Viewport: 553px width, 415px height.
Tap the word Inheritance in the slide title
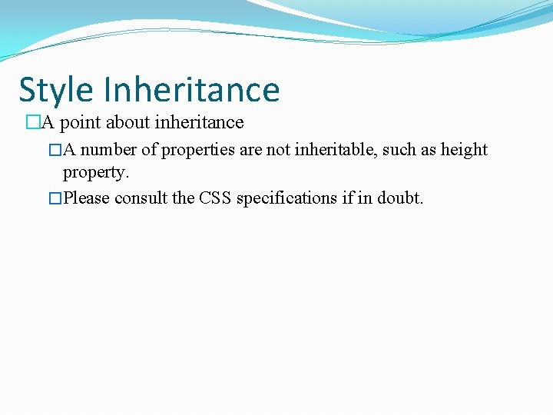(x=192, y=90)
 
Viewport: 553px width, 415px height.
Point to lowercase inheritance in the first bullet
(x=200, y=122)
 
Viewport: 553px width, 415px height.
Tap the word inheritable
(x=336, y=150)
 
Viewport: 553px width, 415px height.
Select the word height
(x=464, y=150)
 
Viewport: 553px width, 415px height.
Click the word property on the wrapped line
(x=95, y=172)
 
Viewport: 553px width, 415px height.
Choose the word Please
(x=86, y=198)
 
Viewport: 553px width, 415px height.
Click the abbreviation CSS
(x=215, y=198)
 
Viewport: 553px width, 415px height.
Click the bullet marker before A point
(x=32, y=122)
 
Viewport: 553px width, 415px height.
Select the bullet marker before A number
(x=55, y=150)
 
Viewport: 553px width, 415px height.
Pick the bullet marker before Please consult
(x=55, y=198)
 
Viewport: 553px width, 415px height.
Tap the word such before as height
(x=400, y=150)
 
